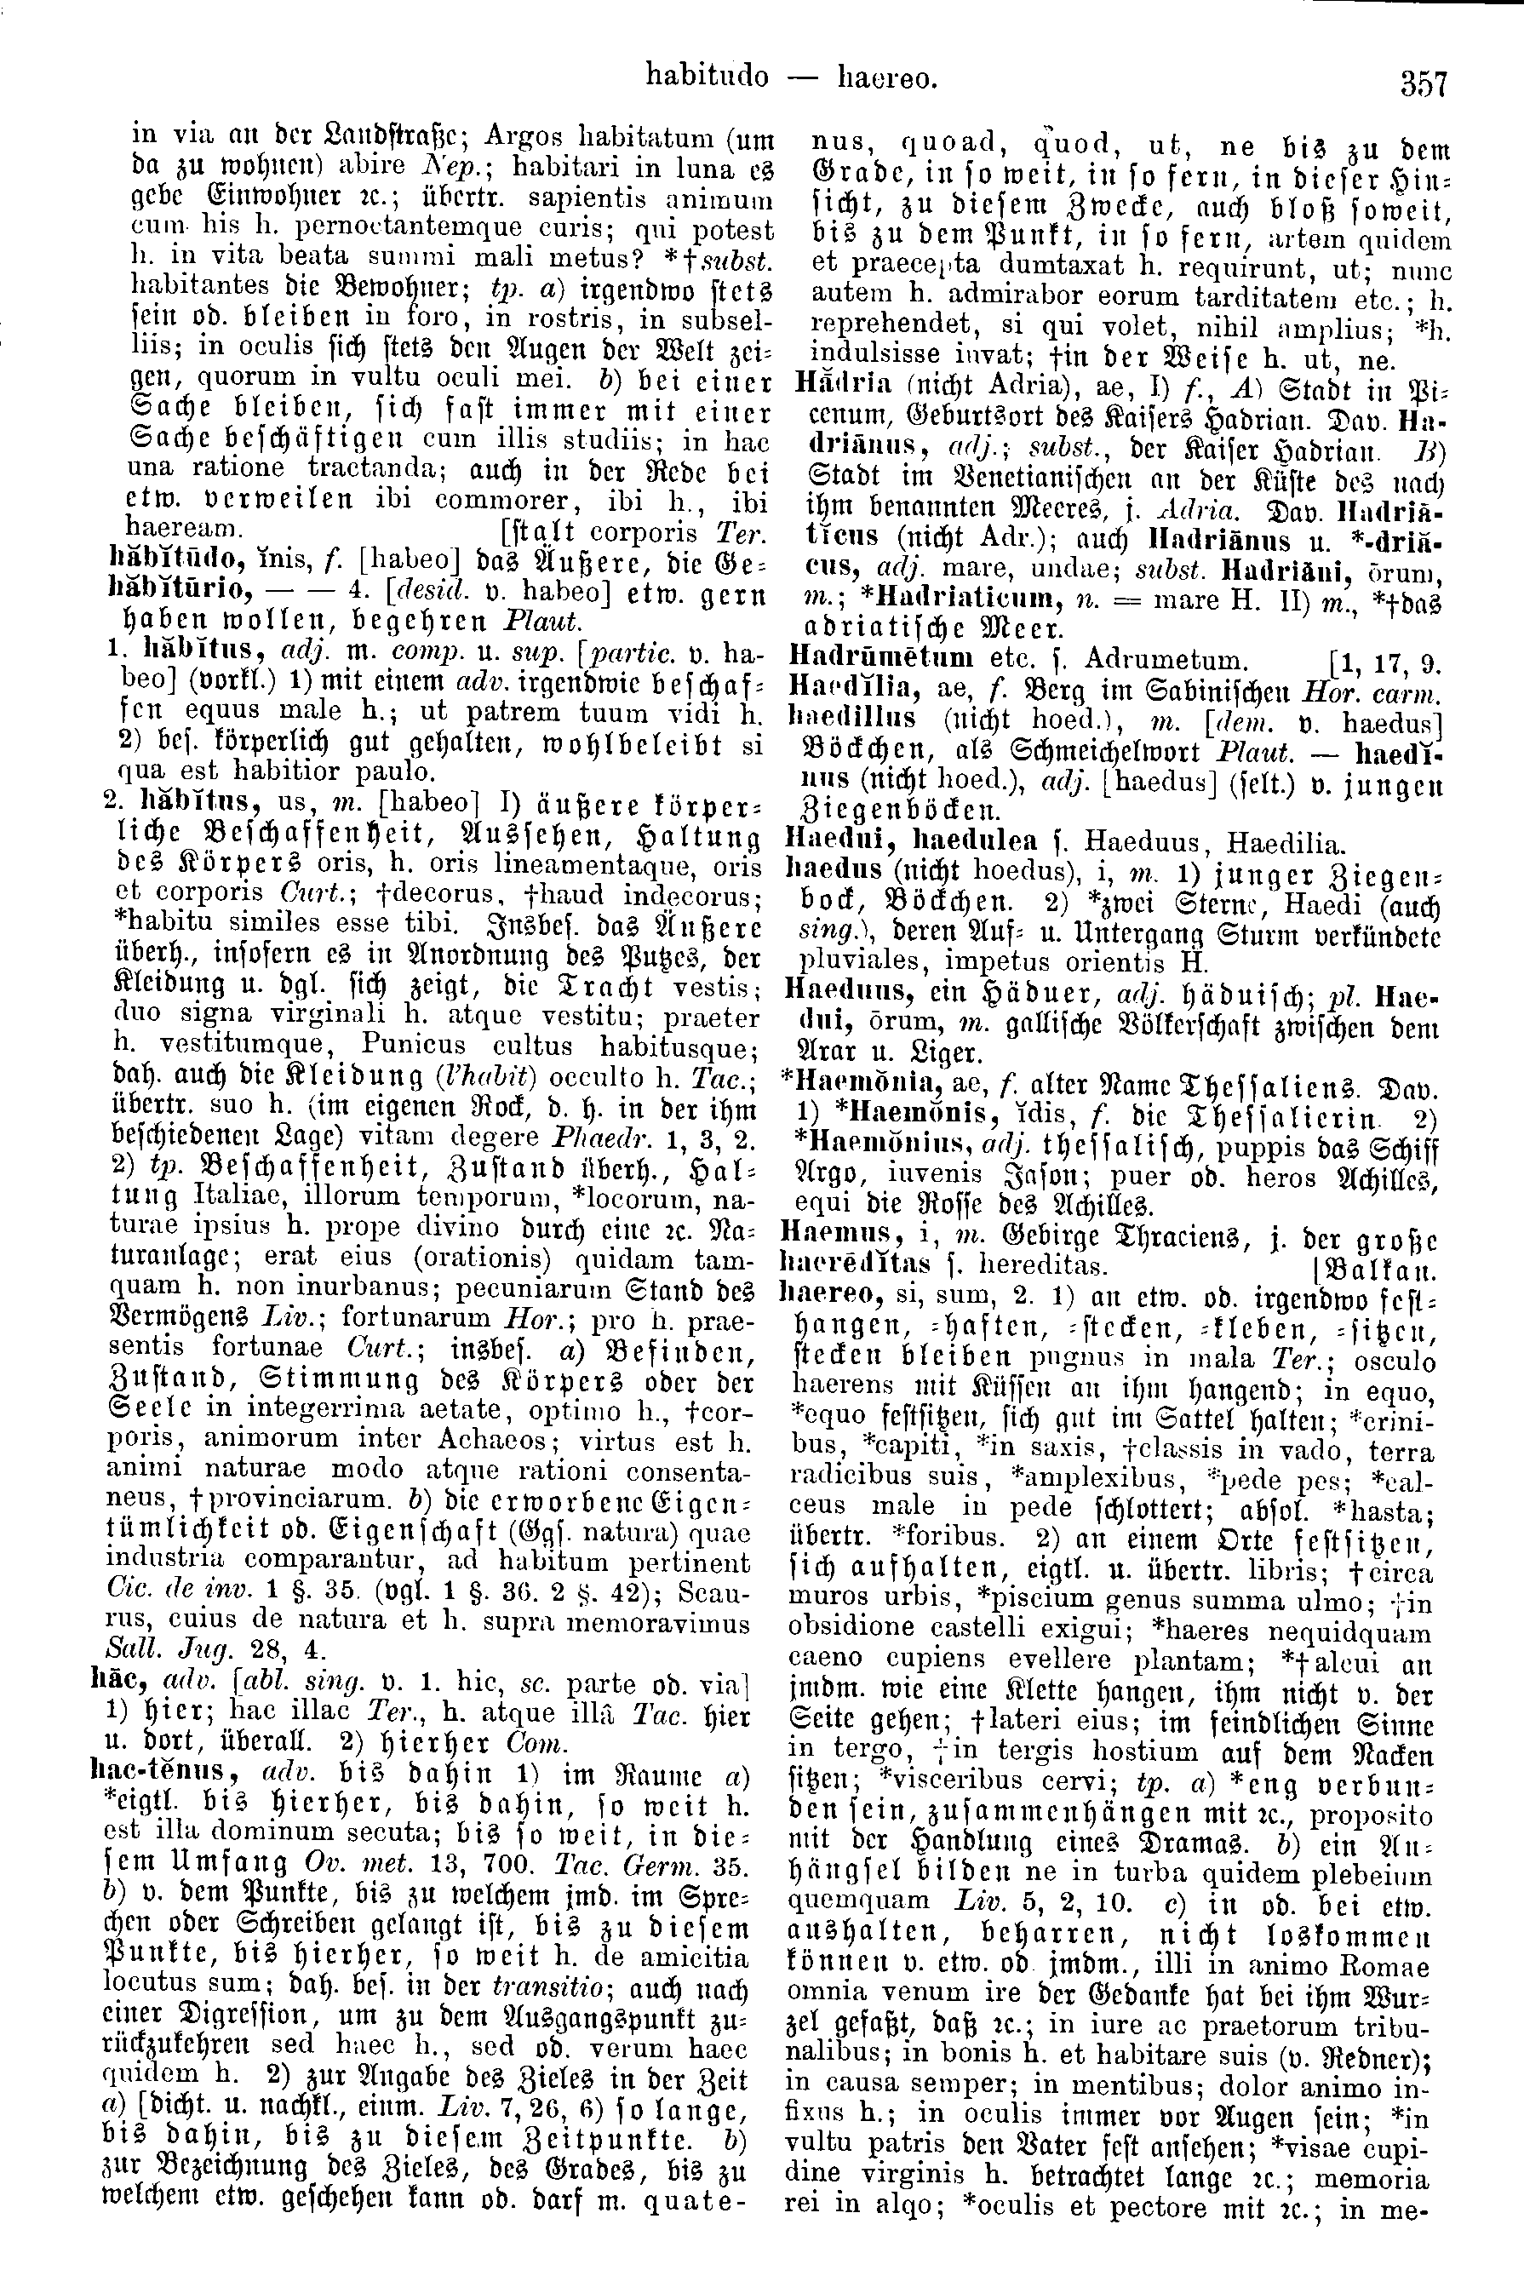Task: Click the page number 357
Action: (x=1424, y=82)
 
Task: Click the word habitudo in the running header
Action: (x=707, y=77)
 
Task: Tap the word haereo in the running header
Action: (x=886, y=77)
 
